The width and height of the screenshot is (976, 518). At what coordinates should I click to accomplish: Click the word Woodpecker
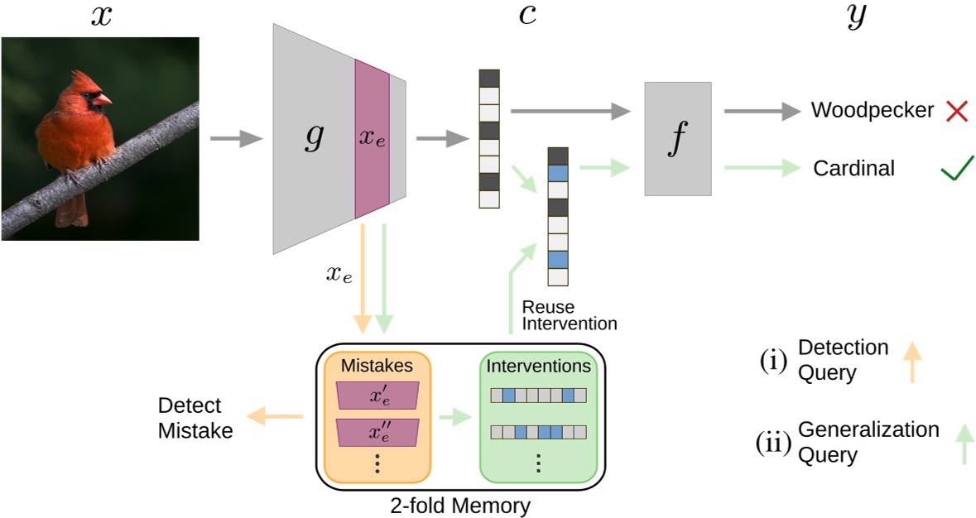[x=872, y=110]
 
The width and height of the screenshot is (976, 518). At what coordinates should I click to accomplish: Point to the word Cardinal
[x=853, y=169]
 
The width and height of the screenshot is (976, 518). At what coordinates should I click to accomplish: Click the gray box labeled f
[x=677, y=139]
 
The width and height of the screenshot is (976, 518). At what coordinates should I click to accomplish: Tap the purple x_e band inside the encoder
[x=372, y=139]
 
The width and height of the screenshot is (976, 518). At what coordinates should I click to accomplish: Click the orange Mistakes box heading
[x=377, y=365]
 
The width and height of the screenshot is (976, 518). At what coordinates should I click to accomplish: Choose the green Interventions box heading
[x=538, y=365]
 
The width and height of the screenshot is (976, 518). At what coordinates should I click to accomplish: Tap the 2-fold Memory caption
[x=460, y=503]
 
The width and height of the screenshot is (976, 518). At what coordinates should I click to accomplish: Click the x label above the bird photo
[x=101, y=17]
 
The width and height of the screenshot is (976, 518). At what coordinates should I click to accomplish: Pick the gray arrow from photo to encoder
[x=235, y=140]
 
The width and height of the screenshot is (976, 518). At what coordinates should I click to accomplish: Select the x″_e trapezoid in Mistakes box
[x=377, y=430]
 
